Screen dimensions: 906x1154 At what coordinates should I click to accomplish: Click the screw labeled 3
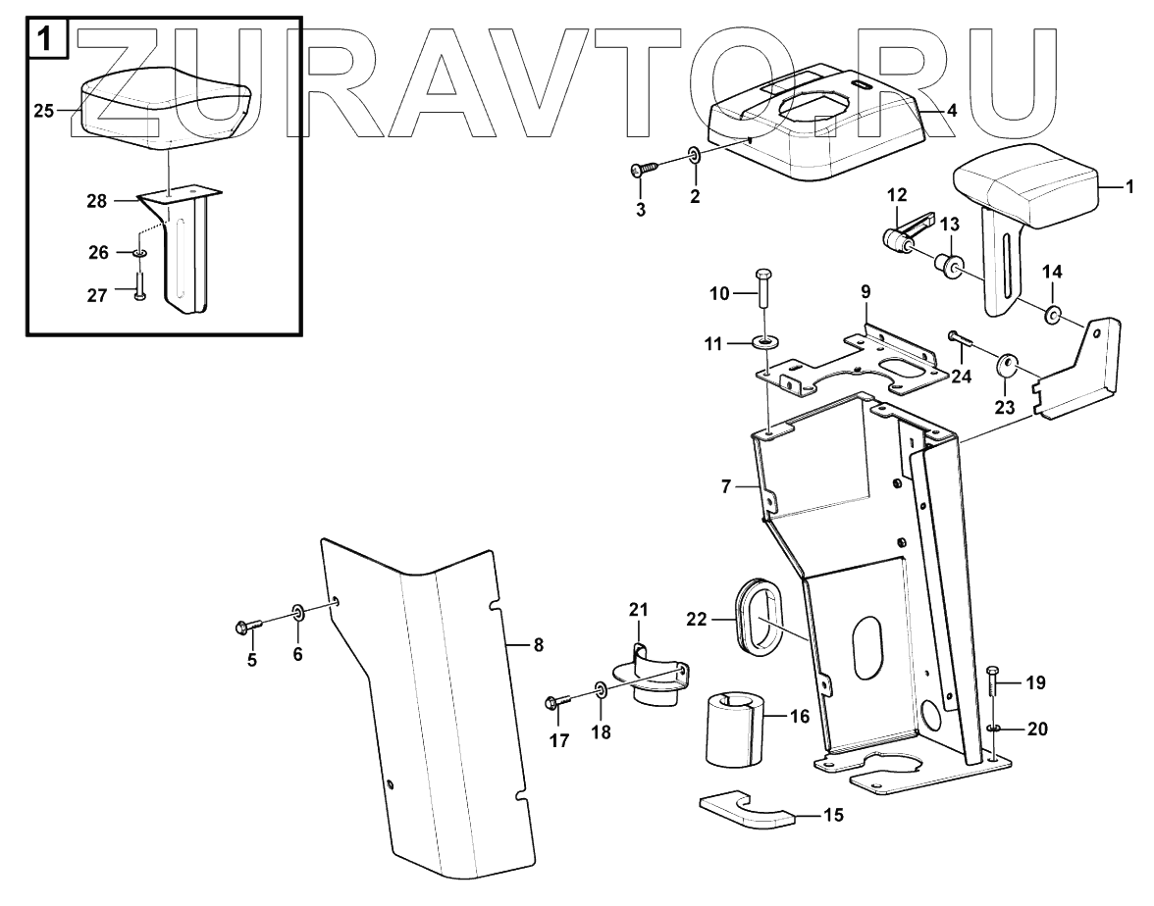click(x=642, y=169)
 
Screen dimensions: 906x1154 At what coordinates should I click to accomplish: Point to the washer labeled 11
click(x=765, y=344)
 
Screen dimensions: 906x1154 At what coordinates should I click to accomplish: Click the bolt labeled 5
click(x=248, y=626)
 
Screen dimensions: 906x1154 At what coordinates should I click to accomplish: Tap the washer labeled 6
click(x=298, y=615)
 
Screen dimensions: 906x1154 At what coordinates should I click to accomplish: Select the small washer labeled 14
click(x=1051, y=315)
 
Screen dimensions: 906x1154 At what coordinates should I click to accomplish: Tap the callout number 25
click(x=43, y=111)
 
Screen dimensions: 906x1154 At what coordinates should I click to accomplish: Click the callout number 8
click(x=538, y=644)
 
